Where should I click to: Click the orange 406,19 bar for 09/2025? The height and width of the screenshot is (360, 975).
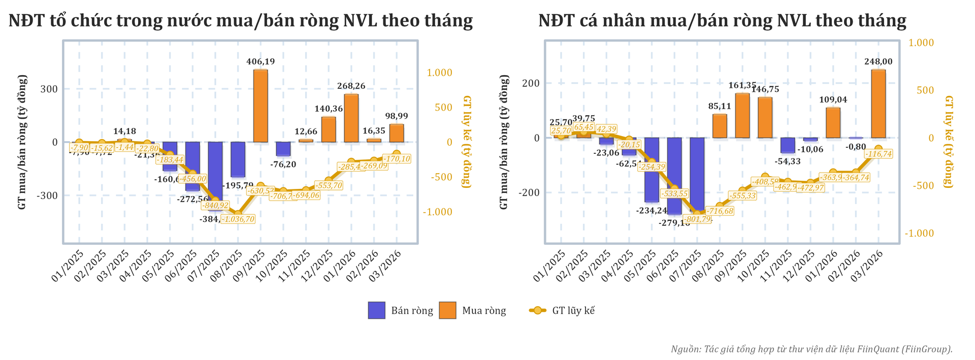pyautogui.click(x=261, y=106)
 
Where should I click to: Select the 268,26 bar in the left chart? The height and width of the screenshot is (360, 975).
pyautogui.click(x=351, y=118)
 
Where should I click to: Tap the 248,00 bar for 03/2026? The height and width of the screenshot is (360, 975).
pyautogui.click(x=878, y=104)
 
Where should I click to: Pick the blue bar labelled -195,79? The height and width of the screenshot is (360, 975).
pyautogui.click(x=238, y=159)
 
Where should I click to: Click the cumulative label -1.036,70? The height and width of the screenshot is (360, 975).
pyautogui.click(x=238, y=219)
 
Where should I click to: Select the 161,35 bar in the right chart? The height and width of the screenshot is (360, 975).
pyautogui.click(x=742, y=115)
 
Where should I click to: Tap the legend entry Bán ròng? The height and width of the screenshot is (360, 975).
pyautogui.click(x=401, y=311)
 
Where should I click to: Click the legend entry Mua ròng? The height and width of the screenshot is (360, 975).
pyautogui.click(x=472, y=311)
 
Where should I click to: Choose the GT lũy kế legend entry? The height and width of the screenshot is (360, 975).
pyautogui.click(x=562, y=311)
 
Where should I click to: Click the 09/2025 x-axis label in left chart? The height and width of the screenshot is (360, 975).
pyautogui.click(x=251, y=266)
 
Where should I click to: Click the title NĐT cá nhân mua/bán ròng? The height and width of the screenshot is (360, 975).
pyautogui.click(x=722, y=21)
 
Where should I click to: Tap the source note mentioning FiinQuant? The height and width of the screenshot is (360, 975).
pyautogui.click(x=811, y=349)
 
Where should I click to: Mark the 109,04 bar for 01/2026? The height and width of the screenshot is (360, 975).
pyautogui.click(x=833, y=122)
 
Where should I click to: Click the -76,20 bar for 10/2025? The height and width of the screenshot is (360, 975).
pyautogui.click(x=283, y=149)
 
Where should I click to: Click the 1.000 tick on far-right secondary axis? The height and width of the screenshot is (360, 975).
pyautogui.click(x=921, y=43)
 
